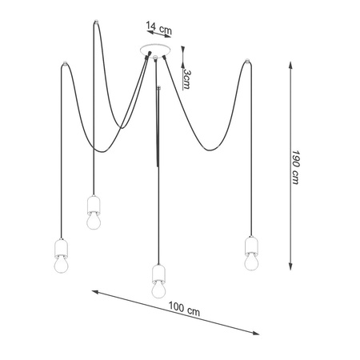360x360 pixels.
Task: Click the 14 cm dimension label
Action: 158,28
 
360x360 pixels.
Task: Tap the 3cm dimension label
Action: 187,79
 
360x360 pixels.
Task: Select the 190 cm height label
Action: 295,167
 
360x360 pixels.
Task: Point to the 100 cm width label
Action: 184,309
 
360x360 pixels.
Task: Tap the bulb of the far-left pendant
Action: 62,265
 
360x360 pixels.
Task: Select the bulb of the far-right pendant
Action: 251,262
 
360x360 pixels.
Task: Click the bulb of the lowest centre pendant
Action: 158,290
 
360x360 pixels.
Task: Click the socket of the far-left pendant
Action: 62,248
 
